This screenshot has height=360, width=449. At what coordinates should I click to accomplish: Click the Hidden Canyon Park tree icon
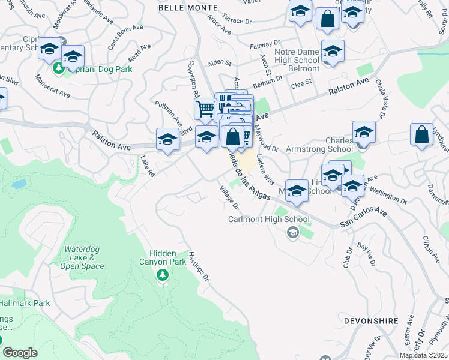[161, 275]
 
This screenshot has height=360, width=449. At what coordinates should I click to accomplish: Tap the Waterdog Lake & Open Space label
[84, 257]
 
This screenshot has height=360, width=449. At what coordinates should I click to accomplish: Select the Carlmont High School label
[269, 219]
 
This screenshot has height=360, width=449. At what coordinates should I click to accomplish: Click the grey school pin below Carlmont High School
[293, 233]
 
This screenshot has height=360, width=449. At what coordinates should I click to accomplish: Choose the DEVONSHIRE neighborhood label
[371, 321]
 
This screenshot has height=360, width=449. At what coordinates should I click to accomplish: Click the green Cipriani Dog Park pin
[59, 68]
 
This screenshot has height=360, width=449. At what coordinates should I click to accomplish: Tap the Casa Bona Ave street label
[125, 37]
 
